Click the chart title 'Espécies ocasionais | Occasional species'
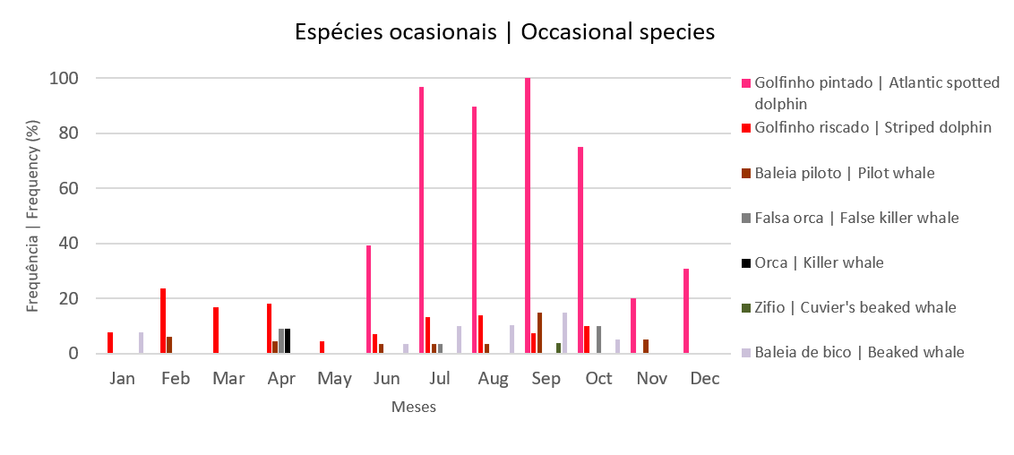505,32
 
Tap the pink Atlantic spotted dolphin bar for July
421,220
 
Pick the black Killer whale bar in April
288,341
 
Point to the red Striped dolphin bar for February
163,321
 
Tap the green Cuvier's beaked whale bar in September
558,348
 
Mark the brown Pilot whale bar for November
646,347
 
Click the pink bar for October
580,250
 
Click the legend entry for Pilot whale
845,173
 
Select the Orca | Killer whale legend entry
819,262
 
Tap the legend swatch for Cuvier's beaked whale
746,308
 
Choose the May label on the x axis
334,379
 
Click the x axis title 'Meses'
414,408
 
